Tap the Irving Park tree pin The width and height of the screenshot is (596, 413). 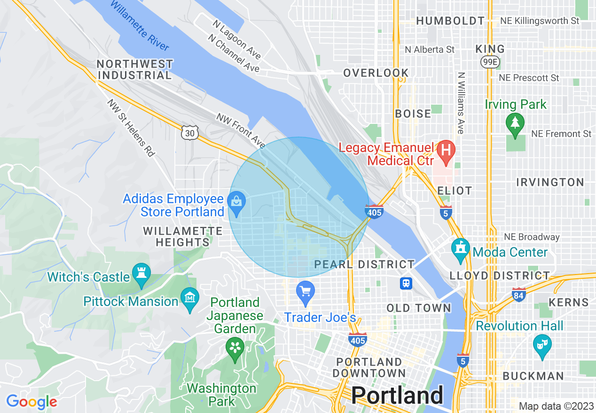coord(516,123)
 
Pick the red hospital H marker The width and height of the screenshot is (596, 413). coord(445,151)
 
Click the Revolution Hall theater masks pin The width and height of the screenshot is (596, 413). coord(542,345)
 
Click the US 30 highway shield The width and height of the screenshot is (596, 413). coord(189,134)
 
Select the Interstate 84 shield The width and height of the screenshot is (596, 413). coord(518,295)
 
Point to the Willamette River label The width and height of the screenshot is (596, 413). coord(140,25)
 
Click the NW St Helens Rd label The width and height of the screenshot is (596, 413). coord(131,127)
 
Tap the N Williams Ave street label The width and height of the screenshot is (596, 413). coord(461,103)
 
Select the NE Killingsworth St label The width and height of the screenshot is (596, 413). coord(540,21)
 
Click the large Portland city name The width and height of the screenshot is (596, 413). coord(397,395)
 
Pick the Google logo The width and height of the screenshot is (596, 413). coord(31,402)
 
